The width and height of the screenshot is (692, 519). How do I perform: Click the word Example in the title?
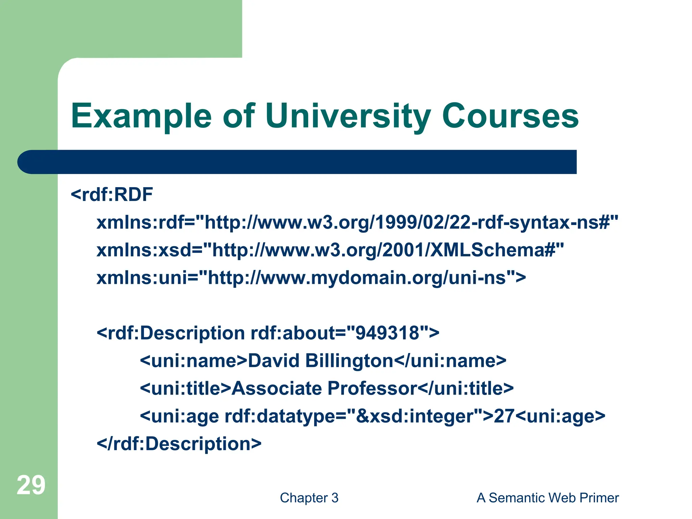coord(141,117)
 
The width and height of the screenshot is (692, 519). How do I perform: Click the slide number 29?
coord(31,485)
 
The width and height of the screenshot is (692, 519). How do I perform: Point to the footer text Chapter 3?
coord(309,498)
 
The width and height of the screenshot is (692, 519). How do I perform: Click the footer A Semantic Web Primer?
coord(547,498)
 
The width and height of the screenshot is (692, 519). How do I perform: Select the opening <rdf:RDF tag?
coord(112,195)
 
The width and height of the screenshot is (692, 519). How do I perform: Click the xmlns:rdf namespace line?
coord(357,223)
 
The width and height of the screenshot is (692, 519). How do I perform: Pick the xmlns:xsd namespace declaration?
coord(330,250)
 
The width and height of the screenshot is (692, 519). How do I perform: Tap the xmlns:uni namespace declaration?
coord(311,278)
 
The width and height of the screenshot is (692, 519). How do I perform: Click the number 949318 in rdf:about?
coord(388,333)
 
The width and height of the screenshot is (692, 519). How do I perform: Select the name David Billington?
coord(321,361)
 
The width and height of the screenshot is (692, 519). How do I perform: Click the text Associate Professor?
coord(324,389)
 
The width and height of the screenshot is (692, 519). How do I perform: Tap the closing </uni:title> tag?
coord(466,389)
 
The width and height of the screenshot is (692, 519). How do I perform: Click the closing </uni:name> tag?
coord(450,361)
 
